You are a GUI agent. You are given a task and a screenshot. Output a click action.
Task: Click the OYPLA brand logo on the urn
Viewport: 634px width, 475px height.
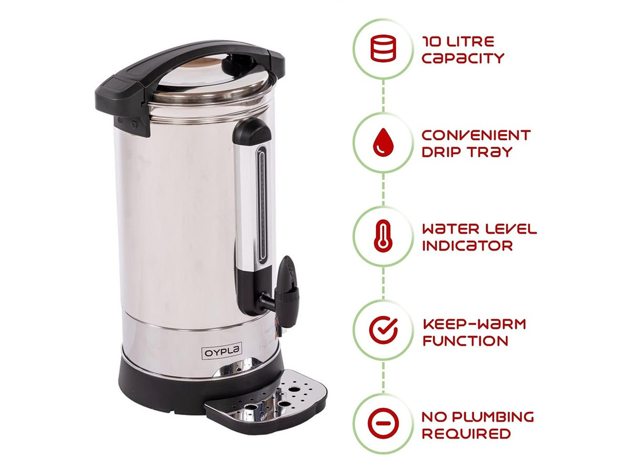221,352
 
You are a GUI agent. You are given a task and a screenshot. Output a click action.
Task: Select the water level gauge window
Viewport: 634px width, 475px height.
262,205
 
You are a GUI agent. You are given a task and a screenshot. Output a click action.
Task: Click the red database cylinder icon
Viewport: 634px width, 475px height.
383,48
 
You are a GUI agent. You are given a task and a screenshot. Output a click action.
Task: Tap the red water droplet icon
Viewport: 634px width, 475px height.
383,142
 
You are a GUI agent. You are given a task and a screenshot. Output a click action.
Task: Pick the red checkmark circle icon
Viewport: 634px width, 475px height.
383,329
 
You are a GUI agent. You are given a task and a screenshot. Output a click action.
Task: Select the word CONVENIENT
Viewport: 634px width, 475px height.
476,135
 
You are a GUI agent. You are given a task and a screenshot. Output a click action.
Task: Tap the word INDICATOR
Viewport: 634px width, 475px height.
467,246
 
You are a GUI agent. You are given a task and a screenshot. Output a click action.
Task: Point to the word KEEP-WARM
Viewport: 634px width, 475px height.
474,324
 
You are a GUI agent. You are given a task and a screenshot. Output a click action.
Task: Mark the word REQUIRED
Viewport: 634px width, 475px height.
466,434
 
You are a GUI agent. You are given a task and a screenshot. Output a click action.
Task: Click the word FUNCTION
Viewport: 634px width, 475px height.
465,341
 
